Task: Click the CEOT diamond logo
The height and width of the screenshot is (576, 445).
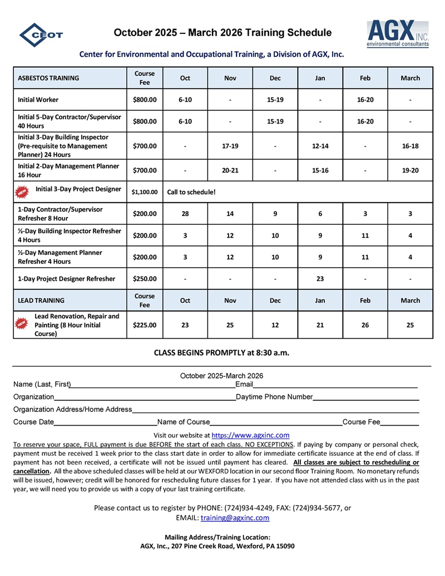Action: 41,35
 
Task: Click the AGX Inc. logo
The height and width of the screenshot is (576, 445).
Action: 397,33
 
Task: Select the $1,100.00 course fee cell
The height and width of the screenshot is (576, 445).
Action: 145,192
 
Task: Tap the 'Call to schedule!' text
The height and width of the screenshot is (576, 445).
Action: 191,192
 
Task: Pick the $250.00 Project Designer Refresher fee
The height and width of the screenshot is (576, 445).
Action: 145,279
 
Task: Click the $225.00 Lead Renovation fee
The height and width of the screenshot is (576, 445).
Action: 145,325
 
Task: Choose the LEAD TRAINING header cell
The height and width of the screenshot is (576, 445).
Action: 41,301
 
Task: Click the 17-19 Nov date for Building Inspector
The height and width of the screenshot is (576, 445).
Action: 230,146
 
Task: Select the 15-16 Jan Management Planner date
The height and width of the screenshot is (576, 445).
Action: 320,170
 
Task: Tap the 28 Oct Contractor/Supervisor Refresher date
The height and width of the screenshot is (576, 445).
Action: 185,214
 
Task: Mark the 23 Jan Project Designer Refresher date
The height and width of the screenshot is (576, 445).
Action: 320,279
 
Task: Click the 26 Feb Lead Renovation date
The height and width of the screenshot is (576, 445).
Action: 365,325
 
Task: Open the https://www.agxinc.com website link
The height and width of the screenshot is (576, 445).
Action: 251,435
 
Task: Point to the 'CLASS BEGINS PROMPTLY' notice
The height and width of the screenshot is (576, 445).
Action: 221,352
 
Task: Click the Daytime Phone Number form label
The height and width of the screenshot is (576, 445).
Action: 274,397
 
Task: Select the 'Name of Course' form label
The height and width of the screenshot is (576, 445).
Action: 184,422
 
